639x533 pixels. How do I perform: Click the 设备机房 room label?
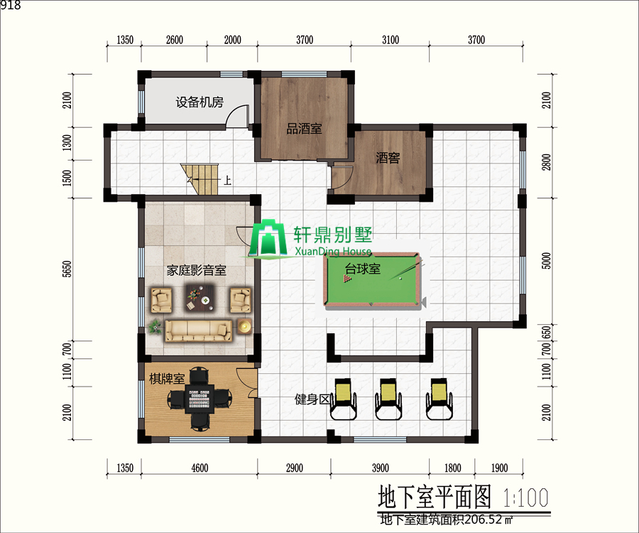(200, 102)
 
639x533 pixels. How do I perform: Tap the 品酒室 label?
(304, 129)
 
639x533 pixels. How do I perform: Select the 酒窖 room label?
(388, 158)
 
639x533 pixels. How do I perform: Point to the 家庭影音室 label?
(196, 270)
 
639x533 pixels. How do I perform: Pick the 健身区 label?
(312, 399)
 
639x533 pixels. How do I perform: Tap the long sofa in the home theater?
(199, 329)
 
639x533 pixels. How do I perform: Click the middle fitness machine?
(389, 397)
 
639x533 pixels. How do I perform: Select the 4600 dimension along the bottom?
(200, 468)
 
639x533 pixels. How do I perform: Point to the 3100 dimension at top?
(389, 41)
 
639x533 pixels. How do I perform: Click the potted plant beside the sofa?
(155, 326)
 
